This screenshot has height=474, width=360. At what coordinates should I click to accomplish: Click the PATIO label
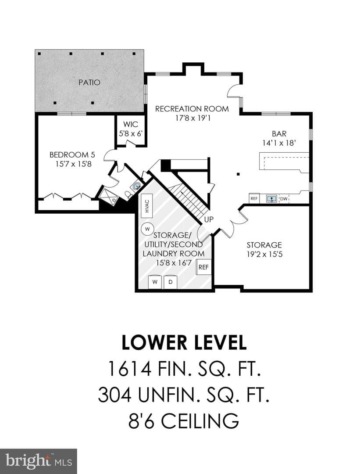89,82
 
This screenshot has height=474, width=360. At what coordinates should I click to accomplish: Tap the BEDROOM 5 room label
72,155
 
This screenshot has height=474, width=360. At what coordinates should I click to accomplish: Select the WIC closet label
131,124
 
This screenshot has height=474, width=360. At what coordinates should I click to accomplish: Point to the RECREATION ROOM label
192,108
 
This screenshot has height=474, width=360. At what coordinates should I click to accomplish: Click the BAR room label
279,133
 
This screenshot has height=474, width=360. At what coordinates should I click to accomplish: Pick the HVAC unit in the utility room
147,206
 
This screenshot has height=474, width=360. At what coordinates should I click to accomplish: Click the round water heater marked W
147,229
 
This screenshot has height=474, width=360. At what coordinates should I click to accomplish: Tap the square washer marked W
155,282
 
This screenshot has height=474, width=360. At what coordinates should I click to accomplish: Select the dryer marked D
170,282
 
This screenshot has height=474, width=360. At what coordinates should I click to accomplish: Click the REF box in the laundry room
203,267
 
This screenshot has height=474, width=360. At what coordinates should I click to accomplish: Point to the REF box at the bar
254,199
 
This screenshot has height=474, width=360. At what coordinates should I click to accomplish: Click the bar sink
272,199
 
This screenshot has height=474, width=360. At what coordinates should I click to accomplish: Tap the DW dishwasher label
284,199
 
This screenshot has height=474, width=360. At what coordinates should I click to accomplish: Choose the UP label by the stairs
209,220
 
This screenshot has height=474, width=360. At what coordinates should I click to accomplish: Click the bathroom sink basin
137,186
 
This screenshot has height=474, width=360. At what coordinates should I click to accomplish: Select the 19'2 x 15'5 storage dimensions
264,254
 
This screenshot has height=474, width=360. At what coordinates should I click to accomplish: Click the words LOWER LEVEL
184,342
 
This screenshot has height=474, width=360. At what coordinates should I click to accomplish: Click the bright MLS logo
38,461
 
